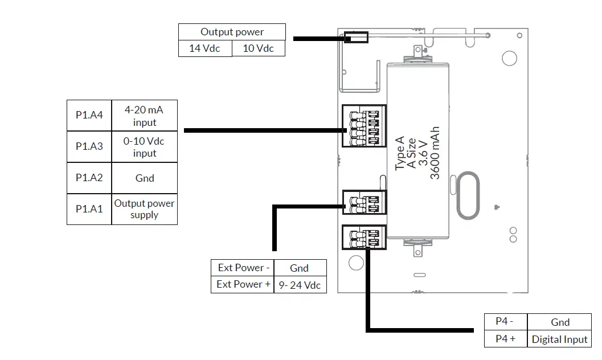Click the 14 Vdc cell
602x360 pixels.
tap(205, 48)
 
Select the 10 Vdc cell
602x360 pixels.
tap(259, 48)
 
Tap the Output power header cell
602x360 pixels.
tap(232, 32)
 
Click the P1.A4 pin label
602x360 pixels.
tap(89, 115)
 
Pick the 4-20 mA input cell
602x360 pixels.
tap(144, 116)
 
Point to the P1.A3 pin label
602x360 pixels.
tap(89, 146)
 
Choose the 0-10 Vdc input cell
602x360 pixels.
tap(144, 146)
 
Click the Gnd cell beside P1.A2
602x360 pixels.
tap(144, 178)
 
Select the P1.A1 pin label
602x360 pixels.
tap(89, 209)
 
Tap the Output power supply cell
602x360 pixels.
tap(144, 209)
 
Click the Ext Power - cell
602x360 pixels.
tap(243, 268)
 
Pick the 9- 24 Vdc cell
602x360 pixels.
tap(300, 285)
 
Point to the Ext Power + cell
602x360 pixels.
tap(243, 285)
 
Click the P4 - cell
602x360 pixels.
tap(506, 322)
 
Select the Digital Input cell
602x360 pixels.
tap(559, 339)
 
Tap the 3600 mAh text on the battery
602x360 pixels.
tap(435, 153)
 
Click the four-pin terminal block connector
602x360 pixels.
tap(364, 126)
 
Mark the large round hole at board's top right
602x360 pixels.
tap(510, 58)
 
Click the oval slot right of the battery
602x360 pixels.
tap(468, 195)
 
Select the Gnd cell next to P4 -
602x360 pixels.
tap(559, 322)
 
